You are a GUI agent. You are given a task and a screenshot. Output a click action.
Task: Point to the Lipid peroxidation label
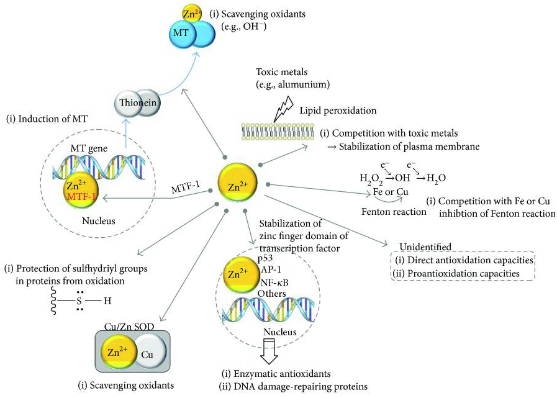coord(330,110)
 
